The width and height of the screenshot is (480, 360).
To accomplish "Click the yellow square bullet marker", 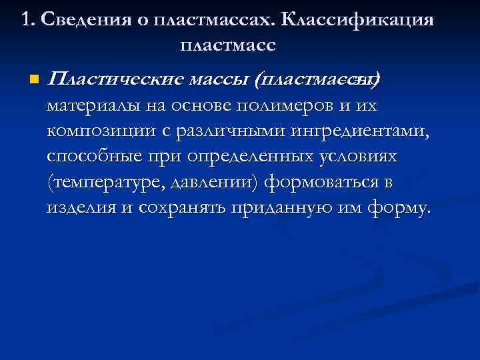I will point(34,80).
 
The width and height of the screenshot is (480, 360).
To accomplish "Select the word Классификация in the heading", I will point(357,20).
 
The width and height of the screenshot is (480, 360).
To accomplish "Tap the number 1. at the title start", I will point(28,20).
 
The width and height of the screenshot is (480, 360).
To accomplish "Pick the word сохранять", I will point(182,207).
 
